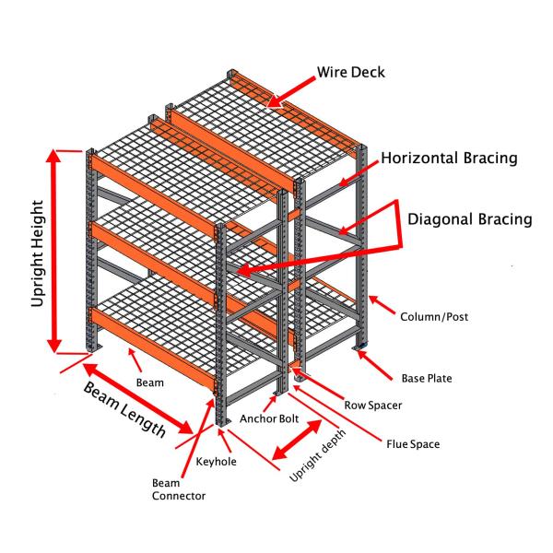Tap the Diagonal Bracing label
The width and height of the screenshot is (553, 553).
[471, 219]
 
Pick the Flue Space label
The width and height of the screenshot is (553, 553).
[412, 444]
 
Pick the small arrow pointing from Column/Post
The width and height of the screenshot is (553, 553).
[380, 305]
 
